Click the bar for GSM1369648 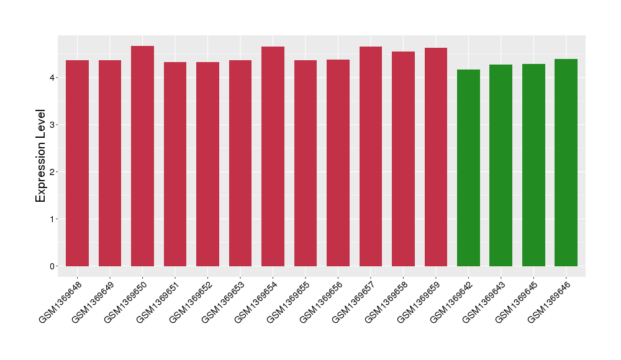click(77, 163)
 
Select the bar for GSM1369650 click(142, 156)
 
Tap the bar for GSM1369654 click(273, 156)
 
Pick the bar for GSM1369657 click(371, 156)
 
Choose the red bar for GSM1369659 click(436, 157)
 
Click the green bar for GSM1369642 click(468, 168)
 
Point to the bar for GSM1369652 click(207, 164)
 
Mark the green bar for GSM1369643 click(501, 165)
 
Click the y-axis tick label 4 click(53, 78)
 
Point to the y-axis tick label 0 click(53, 266)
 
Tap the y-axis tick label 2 click(53, 172)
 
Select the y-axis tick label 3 click(53, 125)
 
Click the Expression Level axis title click(41, 156)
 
